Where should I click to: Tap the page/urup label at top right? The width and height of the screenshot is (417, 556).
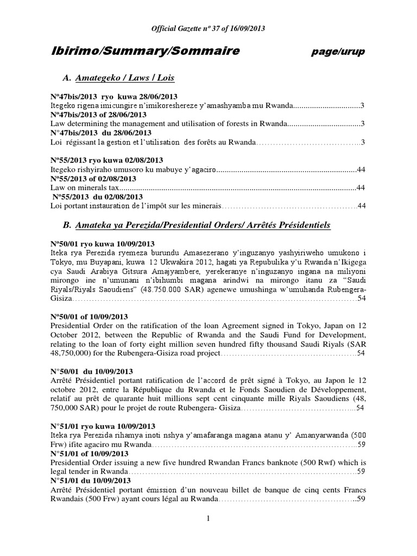pos(338,52)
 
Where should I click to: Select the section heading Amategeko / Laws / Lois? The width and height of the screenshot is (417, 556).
pos(125,78)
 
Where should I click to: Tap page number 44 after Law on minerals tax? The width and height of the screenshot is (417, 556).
pos(359,188)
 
